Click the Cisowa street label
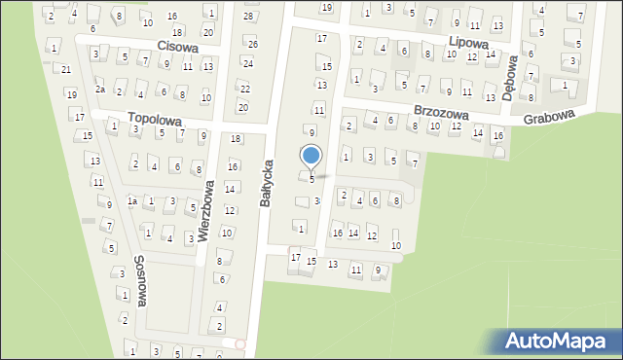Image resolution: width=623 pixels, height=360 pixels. (x=177, y=46)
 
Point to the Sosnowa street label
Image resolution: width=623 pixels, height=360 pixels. (x=140, y=281)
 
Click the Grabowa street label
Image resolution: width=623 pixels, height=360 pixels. (x=548, y=117)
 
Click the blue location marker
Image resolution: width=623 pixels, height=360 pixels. (x=311, y=156)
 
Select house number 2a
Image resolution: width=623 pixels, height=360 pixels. (x=99, y=90)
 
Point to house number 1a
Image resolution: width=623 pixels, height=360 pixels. (x=131, y=201)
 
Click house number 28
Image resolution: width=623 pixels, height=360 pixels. (x=248, y=17)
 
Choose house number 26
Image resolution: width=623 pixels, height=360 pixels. (x=253, y=44)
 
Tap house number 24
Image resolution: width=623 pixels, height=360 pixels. (x=247, y=63)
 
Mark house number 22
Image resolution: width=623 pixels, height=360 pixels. (x=244, y=88)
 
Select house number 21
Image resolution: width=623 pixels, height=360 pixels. (x=66, y=70)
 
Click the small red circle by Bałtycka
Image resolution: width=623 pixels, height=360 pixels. (x=240, y=342)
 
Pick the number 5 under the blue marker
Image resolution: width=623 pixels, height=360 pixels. (x=311, y=179)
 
